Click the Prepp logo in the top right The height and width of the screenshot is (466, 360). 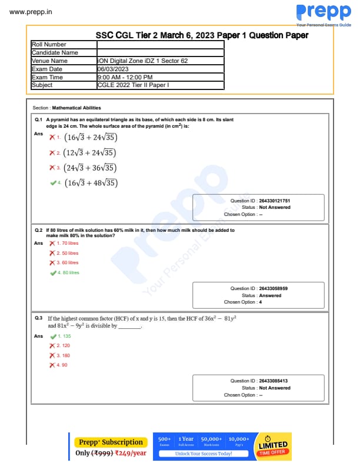[x=323, y=13]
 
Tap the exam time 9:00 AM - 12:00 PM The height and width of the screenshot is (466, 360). [x=125, y=77]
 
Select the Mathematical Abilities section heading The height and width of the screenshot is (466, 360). [x=76, y=108]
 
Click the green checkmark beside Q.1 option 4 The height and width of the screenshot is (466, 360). [x=54, y=182]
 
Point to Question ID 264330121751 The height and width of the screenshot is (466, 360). [x=274, y=201]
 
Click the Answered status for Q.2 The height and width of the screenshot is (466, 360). [x=270, y=295]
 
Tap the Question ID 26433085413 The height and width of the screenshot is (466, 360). [x=273, y=381]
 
